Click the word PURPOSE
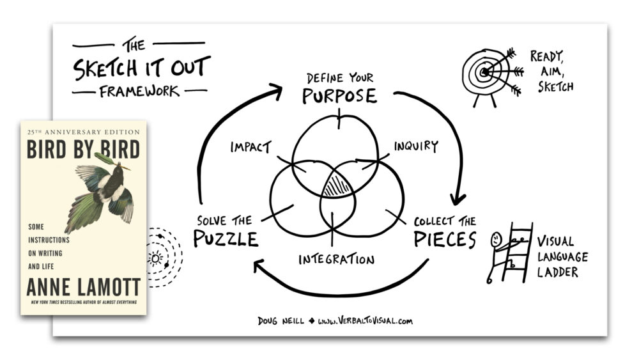tap(339, 97)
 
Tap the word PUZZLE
tap(226, 239)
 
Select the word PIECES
tap(445, 239)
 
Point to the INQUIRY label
tap(416, 146)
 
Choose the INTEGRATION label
tap(336, 260)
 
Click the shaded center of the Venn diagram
tap(337, 186)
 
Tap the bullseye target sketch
tap(486, 73)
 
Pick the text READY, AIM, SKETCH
tap(551, 70)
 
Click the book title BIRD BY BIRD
tap(83, 150)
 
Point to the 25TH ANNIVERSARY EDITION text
tap(83, 131)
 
